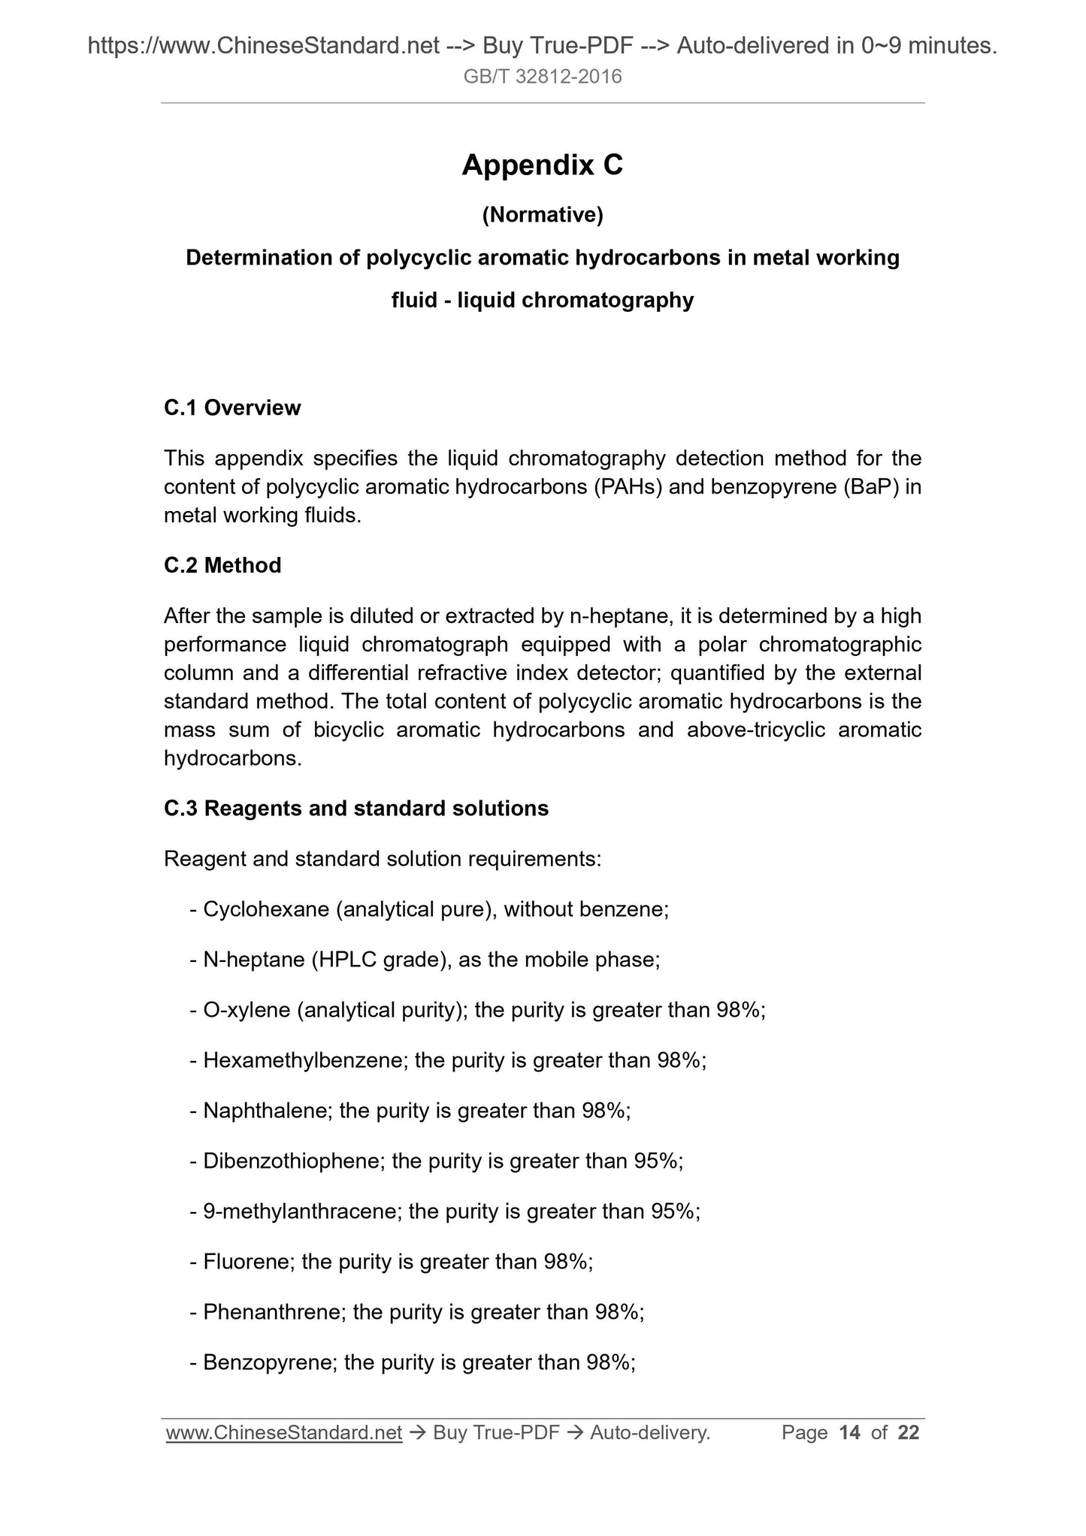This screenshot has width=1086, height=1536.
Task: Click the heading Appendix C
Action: (542, 165)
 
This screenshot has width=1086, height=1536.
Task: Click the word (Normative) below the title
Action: (542, 216)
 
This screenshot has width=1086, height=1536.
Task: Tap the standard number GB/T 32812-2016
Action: (543, 77)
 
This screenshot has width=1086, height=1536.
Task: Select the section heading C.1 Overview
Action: (232, 408)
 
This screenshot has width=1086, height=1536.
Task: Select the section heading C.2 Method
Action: (222, 565)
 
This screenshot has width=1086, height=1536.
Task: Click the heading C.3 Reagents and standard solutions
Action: (356, 809)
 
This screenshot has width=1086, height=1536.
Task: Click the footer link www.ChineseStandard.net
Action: (284, 1433)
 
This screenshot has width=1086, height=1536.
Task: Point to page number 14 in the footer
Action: (849, 1433)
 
